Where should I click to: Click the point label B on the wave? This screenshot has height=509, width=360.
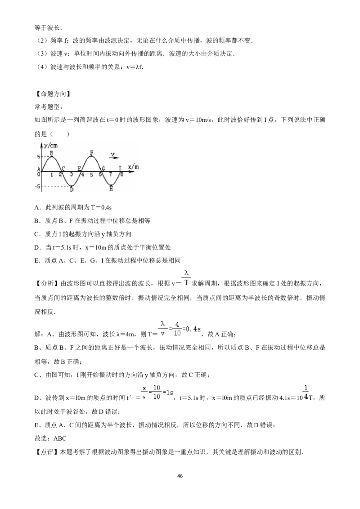[51, 153]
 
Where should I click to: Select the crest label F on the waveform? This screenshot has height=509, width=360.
[92, 152]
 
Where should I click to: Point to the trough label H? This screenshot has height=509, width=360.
[111, 188]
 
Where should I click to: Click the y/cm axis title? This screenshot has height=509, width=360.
[51, 146]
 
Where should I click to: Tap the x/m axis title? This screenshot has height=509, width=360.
[133, 167]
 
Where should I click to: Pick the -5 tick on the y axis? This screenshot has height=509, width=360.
[38, 186]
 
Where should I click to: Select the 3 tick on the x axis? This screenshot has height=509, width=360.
[72, 174]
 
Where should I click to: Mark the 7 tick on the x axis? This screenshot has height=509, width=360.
[110, 174]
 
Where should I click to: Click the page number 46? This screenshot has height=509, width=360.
[180, 476]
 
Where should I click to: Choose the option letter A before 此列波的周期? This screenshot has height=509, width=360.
[37, 207]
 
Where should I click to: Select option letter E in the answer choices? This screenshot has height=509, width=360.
[37, 260]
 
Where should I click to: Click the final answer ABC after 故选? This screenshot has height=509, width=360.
[60, 438]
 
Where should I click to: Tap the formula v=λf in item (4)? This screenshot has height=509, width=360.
[135, 67]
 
